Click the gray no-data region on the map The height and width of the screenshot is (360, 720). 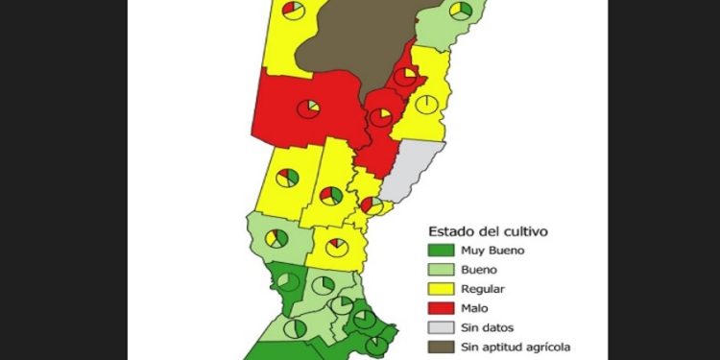click(414, 167)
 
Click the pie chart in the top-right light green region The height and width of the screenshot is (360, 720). click(462, 11)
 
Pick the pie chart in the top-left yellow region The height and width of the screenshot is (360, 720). click(294, 11)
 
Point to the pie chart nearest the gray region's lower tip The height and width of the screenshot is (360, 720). click(372, 204)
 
